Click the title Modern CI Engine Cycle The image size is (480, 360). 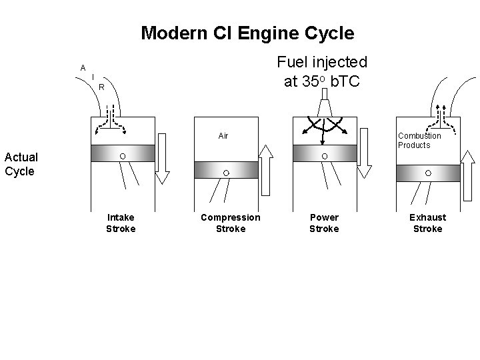(x=247, y=33)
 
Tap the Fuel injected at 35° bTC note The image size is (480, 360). (x=323, y=71)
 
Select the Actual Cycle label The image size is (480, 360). (x=21, y=163)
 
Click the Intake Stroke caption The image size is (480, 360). (x=121, y=223)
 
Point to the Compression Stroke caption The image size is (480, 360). (x=231, y=223)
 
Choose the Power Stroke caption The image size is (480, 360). (x=324, y=223)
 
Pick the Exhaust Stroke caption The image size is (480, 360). (x=427, y=223)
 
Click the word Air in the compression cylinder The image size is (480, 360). (x=223, y=136)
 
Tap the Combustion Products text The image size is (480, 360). (x=419, y=140)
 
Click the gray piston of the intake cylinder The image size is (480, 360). (x=123, y=156)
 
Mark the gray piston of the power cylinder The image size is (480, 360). (x=325, y=156)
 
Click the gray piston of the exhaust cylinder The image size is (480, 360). (x=428, y=173)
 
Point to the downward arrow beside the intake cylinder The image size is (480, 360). (x=163, y=158)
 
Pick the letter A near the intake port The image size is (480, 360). (x=83, y=67)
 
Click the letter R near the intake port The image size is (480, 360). (x=101, y=87)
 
